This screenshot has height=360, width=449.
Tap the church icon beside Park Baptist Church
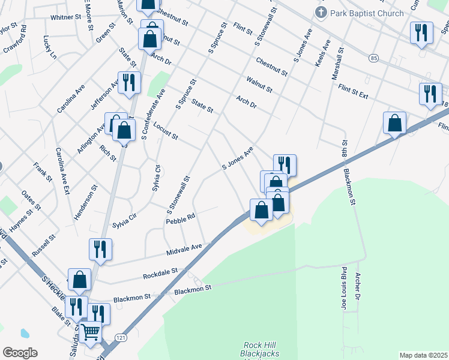click(321, 13)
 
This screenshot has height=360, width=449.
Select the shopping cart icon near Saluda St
click(90, 331)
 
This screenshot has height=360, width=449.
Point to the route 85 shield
click(375, 58)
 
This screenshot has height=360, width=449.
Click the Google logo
click(20, 353)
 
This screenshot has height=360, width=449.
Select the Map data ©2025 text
click(423, 355)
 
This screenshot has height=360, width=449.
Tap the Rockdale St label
click(160, 274)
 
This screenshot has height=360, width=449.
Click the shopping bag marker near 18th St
click(395, 124)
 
